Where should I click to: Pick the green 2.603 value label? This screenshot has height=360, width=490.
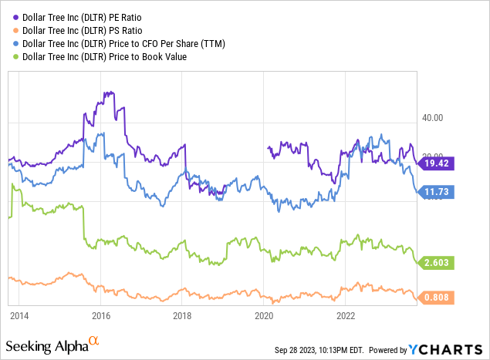(x=437, y=263)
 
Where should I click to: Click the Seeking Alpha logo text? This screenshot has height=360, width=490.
(x=52, y=344)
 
